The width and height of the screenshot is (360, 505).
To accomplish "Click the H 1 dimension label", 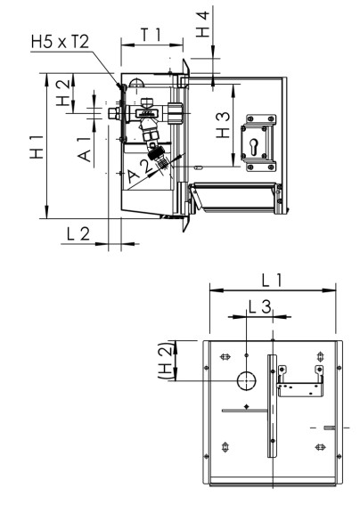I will click(35, 148).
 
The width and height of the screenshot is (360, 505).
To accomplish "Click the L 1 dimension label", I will click(273, 279).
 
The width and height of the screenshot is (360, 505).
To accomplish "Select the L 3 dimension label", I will click(259, 306).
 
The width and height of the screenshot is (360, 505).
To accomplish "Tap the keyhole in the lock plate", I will click(258, 142).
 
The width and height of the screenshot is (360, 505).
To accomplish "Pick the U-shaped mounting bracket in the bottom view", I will click(299, 384).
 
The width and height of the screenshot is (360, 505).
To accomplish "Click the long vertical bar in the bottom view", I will click(272, 404).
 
